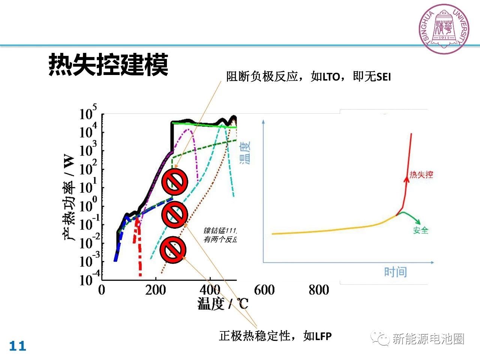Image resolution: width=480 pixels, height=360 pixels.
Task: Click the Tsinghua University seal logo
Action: tap(444, 29)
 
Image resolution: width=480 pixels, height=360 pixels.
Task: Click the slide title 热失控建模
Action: tap(108, 65)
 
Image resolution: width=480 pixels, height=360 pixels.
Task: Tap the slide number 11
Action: tap(18, 346)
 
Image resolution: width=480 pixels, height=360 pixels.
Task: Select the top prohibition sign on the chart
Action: tap(175, 181)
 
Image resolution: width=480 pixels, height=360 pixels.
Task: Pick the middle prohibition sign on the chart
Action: tap(175, 215)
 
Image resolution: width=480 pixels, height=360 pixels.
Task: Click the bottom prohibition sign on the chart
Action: tap(173, 249)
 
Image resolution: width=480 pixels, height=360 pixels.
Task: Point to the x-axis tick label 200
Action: tap(155, 290)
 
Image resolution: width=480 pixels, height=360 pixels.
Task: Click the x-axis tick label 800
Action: tap(319, 290)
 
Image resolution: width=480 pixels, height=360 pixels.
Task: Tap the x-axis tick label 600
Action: tap(264, 290)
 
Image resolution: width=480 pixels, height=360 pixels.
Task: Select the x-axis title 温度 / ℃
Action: tap(223, 303)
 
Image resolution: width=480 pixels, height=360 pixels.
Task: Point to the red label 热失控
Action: tap(421, 174)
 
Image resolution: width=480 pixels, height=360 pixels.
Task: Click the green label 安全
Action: tap(421, 230)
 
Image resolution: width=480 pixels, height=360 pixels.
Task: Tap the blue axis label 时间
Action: tap(395, 271)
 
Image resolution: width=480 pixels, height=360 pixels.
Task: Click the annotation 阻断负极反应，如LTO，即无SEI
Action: tap(308, 76)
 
